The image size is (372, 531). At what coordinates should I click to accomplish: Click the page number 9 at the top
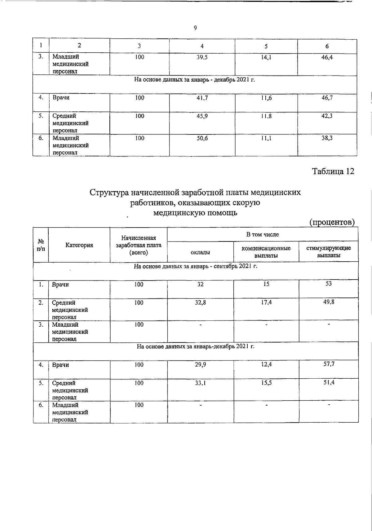pyautogui.click(x=195, y=28)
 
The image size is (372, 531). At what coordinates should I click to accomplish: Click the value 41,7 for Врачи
pyautogui.click(x=202, y=98)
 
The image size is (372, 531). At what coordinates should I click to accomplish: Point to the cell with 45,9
pyautogui.click(x=202, y=116)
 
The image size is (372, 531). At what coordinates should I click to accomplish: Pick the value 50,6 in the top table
pyautogui.click(x=202, y=138)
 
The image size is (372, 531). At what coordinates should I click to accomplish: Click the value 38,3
pyautogui.click(x=327, y=138)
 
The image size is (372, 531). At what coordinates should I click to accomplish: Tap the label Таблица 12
pyautogui.click(x=333, y=171)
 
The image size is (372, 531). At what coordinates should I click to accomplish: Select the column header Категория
pyautogui.click(x=79, y=245)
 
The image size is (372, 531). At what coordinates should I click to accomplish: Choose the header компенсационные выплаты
pyautogui.click(x=266, y=252)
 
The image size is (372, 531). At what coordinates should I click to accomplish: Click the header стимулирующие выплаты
pyautogui.click(x=329, y=252)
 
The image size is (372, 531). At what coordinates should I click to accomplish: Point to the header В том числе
pyautogui.click(x=262, y=235)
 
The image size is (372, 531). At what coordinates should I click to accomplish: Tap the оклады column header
pyautogui.click(x=200, y=253)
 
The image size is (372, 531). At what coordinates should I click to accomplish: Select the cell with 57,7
pyautogui.click(x=329, y=364)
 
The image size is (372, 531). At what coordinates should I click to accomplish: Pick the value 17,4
pyautogui.click(x=266, y=302)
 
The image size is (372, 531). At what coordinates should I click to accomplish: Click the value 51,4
pyautogui.click(x=329, y=383)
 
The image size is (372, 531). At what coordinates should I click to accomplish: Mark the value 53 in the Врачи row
pyautogui.click(x=329, y=284)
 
